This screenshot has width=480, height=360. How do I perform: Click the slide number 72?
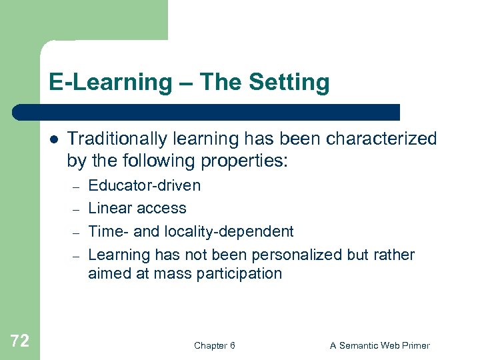[x=20, y=341]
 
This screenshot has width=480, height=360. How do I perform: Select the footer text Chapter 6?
[x=214, y=345]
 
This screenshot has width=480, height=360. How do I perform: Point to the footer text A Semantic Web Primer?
[x=380, y=345]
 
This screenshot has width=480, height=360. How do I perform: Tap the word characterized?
[x=373, y=139]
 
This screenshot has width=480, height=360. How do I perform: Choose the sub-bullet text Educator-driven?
[x=144, y=185]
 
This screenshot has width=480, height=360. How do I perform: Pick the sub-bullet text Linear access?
[x=137, y=208]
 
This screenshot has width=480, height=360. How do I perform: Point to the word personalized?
[x=291, y=255]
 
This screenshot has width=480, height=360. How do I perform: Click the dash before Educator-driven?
[x=77, y=187]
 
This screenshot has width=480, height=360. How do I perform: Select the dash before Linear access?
[x=77, y=209]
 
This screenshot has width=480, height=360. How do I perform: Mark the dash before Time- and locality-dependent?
[x=77, y=233]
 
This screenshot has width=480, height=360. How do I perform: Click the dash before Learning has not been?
[x=77, y=256]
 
